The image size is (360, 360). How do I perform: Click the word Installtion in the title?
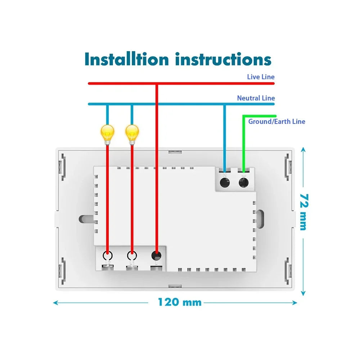(126, 59)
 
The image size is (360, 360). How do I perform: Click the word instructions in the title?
(223, 59)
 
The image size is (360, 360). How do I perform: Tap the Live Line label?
(261, 77)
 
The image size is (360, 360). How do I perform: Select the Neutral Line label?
(256, 98)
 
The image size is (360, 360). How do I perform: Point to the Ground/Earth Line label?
(276, 121)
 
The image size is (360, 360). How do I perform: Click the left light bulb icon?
(107, 134)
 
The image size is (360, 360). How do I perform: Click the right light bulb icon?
(132, 134)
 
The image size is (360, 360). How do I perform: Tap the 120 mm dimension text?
(180, 302)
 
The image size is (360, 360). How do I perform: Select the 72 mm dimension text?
(304, 212)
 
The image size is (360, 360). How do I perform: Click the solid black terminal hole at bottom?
(156, 256)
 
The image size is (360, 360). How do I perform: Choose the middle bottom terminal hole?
(132, 256)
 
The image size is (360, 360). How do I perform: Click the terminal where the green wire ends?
(244, 183)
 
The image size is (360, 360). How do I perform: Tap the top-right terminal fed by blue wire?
(225, 183)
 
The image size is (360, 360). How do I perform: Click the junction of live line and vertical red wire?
(156, 84)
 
